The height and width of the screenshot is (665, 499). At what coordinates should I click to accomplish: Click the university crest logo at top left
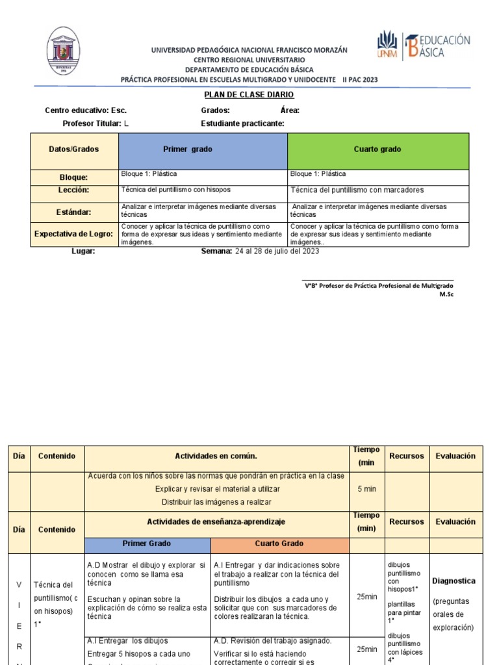point(64,51)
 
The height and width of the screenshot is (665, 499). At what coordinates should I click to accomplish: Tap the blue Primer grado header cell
point(203,149)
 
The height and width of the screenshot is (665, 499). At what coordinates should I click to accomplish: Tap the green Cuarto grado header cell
point(377,149)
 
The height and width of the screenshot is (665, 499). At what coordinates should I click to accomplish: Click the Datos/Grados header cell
point(74,149)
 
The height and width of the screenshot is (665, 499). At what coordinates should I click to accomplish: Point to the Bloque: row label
point(73,177)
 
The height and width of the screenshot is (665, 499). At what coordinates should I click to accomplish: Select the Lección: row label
point(73,190)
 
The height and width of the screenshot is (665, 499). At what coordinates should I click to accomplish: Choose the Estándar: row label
point(73,212)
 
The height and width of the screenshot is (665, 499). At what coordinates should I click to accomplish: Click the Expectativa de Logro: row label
point(73,234)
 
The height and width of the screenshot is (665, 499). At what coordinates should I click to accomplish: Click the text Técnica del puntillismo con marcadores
point(357,190)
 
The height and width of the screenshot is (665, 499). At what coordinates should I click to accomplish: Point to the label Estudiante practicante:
point(243,123)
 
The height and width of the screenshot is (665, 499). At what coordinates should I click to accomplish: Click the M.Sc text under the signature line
point(447,294)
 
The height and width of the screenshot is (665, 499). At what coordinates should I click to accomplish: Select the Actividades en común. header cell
point(216,457)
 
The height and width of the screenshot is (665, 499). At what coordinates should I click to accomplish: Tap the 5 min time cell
point(367,488)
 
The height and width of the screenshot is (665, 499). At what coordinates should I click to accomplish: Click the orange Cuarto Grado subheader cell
point(279,544)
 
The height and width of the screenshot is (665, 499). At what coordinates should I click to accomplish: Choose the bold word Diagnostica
point(454,581)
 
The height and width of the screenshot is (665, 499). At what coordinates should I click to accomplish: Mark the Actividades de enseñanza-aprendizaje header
point(216,522)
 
